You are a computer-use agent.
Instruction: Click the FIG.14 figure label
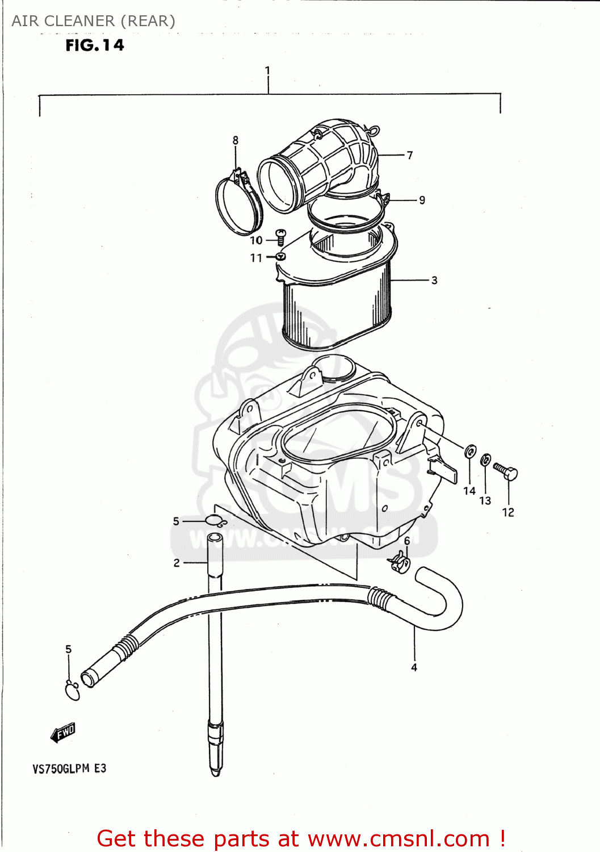tap(94, 45)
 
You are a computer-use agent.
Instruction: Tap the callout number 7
tap(409, 155)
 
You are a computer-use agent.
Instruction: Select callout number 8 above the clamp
tap(235, 140)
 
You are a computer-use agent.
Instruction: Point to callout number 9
tap(422, 200)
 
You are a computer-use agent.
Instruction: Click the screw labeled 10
tap(280, 237)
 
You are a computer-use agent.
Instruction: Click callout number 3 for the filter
tap(434, 280)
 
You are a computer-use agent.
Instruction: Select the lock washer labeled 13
tap(486, 460)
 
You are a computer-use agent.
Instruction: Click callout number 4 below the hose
tap(414, 667)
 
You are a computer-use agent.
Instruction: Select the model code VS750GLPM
tap(61, 769)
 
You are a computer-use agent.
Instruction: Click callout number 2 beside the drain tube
tap(177, 563)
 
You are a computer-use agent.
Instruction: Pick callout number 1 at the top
tap(267, 71)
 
